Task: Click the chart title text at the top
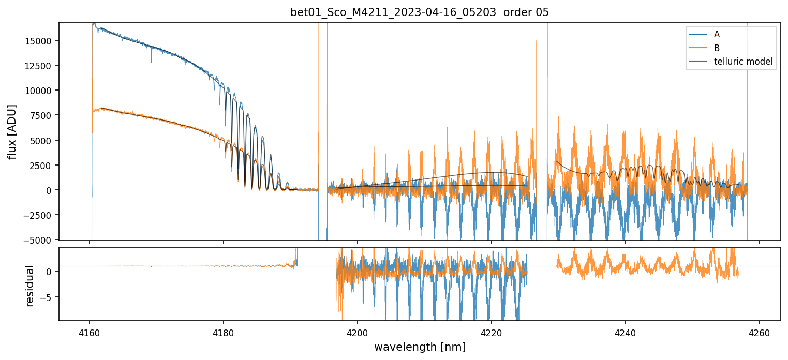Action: click(419, 12)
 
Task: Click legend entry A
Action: click(717, 34)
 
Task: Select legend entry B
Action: click(717, 48)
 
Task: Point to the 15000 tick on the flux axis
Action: click(42, 41)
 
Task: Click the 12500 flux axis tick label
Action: click(42, 66)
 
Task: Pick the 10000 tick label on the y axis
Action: click(42, 91)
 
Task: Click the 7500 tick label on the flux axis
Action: click(44, 115)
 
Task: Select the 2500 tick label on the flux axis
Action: click(44, 166)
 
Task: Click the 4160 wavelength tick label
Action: click(90, 334)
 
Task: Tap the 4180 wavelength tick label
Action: click(224, 334)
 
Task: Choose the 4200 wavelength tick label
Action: click(358, 334)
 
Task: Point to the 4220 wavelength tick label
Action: click(492, 334)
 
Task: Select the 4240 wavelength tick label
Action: click(626, 334)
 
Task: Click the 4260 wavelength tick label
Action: click(760, 334)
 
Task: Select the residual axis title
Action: click(30, 286)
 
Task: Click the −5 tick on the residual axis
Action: click(48, 297)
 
